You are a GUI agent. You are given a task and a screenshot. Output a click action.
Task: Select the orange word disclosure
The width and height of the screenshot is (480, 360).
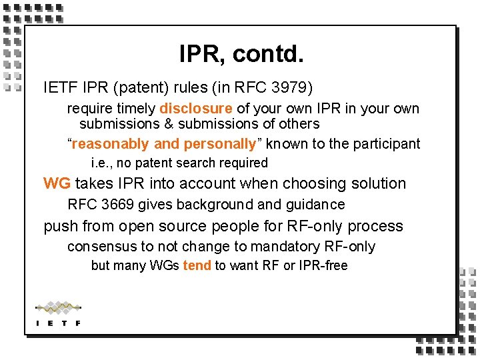196,109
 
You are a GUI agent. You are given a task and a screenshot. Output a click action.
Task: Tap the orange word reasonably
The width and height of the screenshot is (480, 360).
111,144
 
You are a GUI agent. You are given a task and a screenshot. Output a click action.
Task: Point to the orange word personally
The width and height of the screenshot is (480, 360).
220,144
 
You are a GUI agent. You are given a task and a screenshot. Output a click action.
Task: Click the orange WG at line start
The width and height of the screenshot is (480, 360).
57,183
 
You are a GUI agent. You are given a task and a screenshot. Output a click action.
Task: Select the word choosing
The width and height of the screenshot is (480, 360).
314,183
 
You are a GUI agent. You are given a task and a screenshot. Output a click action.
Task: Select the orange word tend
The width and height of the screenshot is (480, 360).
197,265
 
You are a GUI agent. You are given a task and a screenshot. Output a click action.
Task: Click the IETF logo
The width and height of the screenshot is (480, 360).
58,313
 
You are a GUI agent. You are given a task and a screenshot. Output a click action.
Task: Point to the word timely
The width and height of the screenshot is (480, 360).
136,109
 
